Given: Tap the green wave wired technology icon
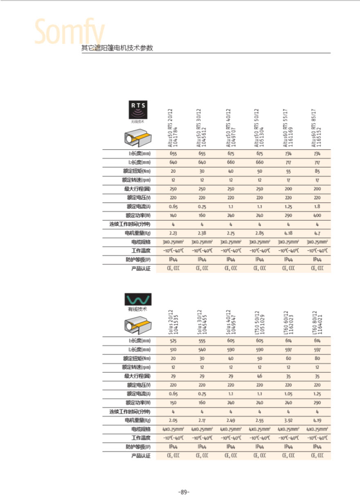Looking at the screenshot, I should [138, 299].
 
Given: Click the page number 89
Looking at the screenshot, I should [184, 492].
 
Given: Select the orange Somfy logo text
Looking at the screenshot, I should [70, 32].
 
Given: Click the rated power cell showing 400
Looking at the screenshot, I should [317, 215].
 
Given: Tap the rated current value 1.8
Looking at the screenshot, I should [317, 207].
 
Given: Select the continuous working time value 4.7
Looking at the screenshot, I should [317, 224].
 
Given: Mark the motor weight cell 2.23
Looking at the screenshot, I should [173, 233].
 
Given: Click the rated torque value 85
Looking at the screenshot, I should [317, 172].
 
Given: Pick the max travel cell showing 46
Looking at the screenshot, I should [259, 376].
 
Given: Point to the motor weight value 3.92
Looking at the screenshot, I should [288, 420].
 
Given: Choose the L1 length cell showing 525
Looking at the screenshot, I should [173, 341].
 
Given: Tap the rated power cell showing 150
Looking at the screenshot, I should [173, 403].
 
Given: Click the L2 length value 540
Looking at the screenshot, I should [202, 350].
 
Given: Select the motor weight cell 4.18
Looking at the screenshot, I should [288, 233].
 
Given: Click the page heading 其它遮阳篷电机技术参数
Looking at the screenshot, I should [117, 48].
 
